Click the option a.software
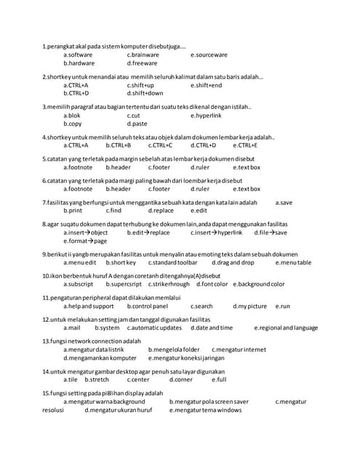point(78,54)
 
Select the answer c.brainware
point(143,54)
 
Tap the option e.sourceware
point(209,54)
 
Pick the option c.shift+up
point(140,85)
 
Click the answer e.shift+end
point(207,85)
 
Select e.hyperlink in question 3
point(206,115)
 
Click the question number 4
point(44,137)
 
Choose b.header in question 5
point(118,167)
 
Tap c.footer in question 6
point(159,189)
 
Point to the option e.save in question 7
point(284,202)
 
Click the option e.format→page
point(85,240)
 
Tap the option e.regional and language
point(286,328)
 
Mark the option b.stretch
point(97,379)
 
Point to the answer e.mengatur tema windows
point(205,410)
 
